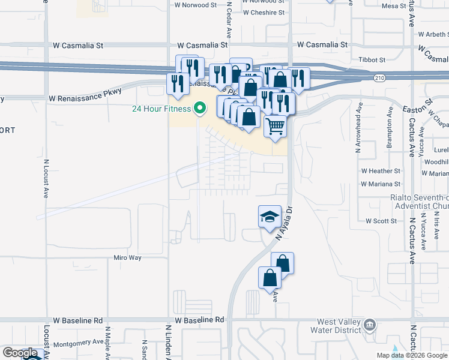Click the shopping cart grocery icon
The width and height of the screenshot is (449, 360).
(275, 126)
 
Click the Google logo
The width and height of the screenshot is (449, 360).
(20, 353)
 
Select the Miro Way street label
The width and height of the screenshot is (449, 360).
(127, 257)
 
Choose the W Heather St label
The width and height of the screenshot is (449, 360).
(381, 171)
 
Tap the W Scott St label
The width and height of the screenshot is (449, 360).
(381, 221)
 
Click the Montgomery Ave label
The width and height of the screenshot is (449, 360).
(79, 343)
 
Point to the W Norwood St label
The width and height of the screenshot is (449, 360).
(195, 5)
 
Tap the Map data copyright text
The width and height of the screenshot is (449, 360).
(411, 355)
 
